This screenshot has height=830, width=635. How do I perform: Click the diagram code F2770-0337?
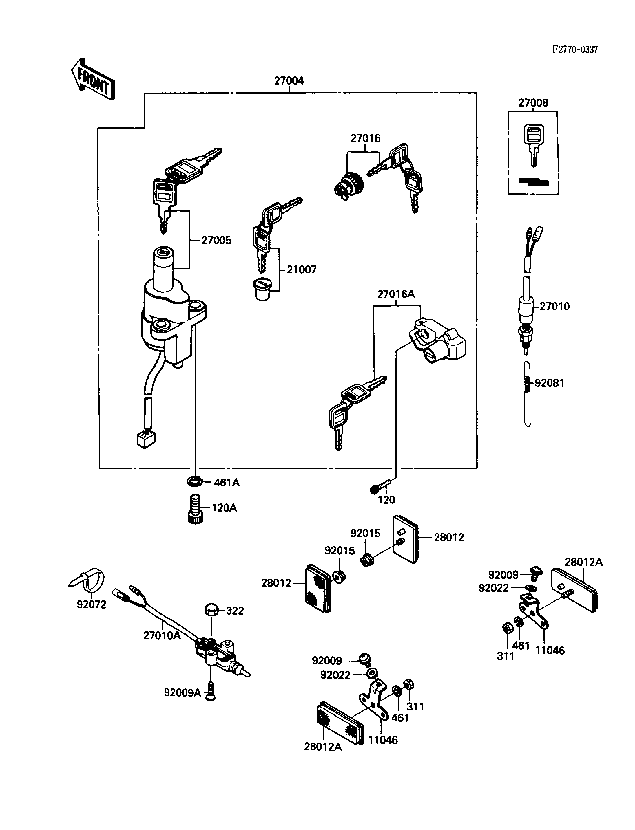(x=575, y=50)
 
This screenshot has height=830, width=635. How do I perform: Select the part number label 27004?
(x=289, y=80)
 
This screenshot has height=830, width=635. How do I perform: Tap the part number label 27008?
(x=533, y=103)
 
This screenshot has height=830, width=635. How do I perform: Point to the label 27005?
(x=216, y=240)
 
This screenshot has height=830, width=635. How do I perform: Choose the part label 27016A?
(x=396, y=294)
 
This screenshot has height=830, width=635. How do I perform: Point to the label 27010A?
(x=162, y=635)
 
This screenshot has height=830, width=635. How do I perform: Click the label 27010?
(x=554, y=306)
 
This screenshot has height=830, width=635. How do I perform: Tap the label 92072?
(x=92, y=604)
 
